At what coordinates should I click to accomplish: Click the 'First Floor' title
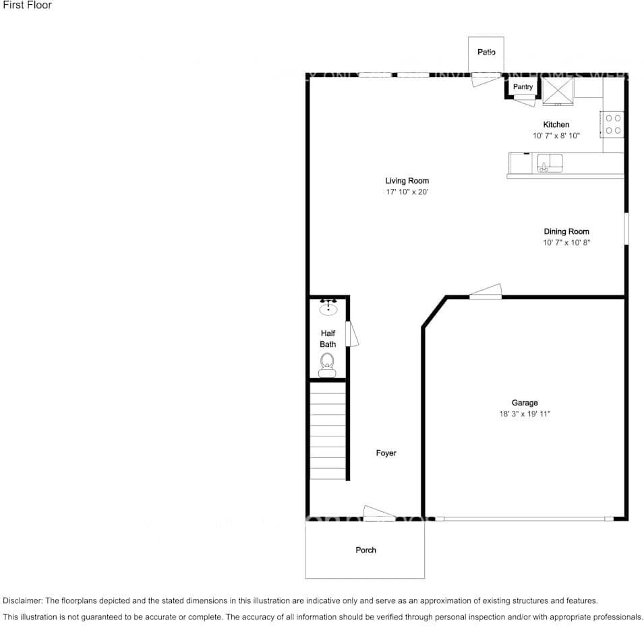tap(27, 5)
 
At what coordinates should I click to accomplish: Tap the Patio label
tap(486, 52)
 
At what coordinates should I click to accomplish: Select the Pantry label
tap(523, 87)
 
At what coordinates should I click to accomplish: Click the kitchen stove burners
tap(613, 124)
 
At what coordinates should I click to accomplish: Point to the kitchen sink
tap(550, 163)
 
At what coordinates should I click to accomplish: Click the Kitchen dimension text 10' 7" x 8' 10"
tap(556, 136)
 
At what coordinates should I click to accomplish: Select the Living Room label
tap(407, 181)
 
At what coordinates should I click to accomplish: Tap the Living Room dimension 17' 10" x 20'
tap(407, 192)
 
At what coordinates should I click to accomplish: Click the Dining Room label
tap(566, 231)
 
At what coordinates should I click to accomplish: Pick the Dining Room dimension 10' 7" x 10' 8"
tap(566, 243)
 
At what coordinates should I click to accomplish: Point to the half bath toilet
tap(327, 364)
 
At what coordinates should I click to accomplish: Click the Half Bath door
tap(351, 334)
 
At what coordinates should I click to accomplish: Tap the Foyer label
tap(386, 453)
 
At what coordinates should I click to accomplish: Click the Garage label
tap(524, 403)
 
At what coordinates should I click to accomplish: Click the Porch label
tap(365, 550)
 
